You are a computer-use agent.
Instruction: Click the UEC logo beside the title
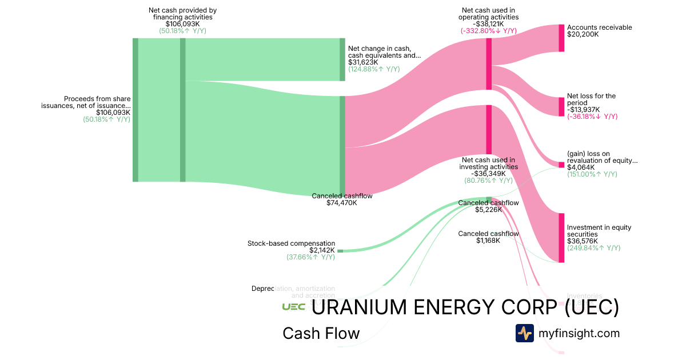tap(293, 307)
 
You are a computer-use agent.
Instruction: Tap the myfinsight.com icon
tap(525, 333)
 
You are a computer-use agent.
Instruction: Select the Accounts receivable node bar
tap(561, 38)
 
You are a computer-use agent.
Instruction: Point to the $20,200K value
tap(583, 34)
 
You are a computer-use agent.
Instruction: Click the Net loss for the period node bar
tap(561, 107)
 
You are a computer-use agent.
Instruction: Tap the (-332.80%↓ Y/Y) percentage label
tap(489, 31)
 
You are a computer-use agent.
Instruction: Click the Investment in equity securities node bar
tap(561, 238)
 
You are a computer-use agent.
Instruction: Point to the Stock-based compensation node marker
tap(340, 251)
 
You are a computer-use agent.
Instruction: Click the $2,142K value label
tap(322, 250)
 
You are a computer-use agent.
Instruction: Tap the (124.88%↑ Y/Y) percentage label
tap(374, 69)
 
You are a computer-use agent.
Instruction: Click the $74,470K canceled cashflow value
tap(342, 203)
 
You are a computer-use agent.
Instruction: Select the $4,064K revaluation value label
tap(581, 167)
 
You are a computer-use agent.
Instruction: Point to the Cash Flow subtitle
tap(321, 333)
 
